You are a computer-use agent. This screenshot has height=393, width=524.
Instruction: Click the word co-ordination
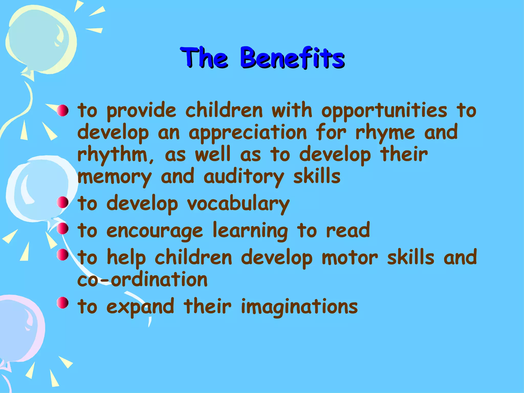[x=142, y=280]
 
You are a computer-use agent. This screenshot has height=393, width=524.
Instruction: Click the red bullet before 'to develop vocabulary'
[x=62, y=203]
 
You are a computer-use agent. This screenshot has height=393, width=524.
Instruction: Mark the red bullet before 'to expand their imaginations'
[x=62, y=303]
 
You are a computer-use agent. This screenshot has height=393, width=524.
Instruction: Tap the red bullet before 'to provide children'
[x=62, y=110]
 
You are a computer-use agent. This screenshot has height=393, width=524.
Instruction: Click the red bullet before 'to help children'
[x=62, y=255]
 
